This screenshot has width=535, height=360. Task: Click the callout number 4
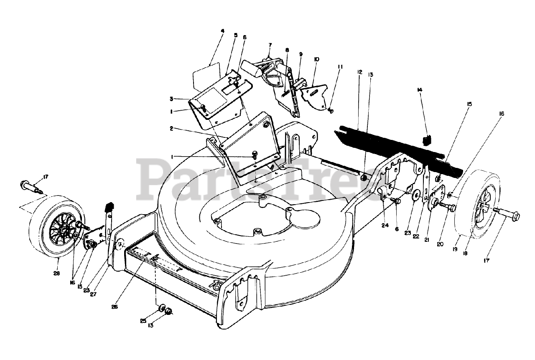coord(222,31)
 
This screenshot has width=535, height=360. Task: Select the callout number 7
coord(270,44)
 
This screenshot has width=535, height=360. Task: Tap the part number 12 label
coord(359,72)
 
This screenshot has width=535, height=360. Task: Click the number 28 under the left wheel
coord(57,274)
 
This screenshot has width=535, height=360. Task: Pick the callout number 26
coord(115,307)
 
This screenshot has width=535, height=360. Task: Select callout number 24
coord(385,226)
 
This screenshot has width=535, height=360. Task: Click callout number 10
coord(316,59)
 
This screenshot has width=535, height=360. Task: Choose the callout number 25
coord(143,321)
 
